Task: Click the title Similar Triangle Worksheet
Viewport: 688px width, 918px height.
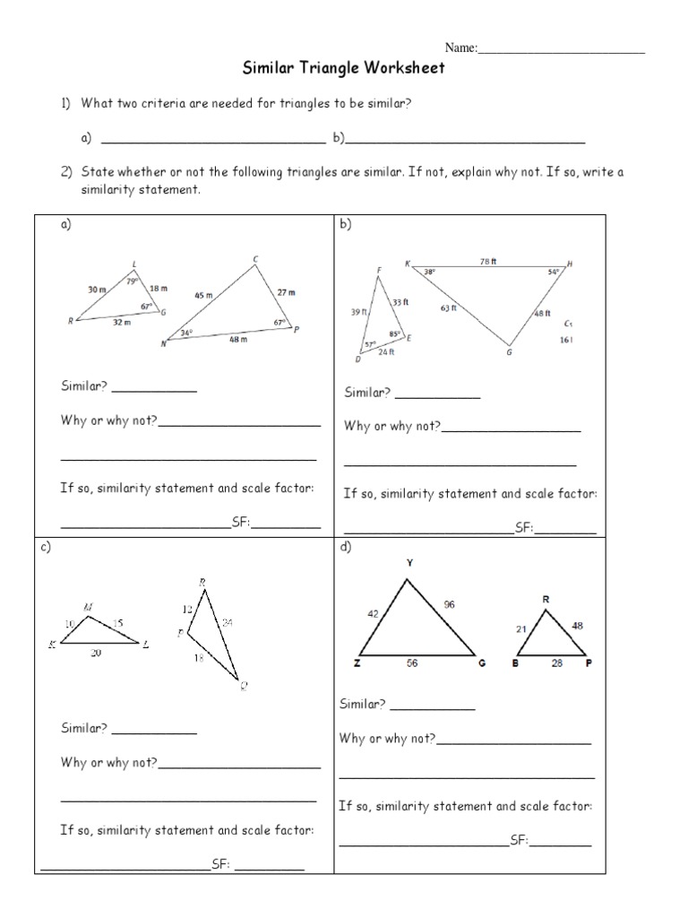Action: click(344, 68)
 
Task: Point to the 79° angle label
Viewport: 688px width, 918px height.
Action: click(132, 281)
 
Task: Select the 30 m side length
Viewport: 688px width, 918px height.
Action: click(97, 290)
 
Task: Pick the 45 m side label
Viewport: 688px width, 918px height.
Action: click(203, 295)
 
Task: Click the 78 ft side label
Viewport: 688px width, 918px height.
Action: click(487, 261)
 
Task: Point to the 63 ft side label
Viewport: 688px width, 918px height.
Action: click(448, 307)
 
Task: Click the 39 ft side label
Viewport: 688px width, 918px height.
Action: click(358, 312)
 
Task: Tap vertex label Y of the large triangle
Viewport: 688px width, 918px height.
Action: click(409, 563)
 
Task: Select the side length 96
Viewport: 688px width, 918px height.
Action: click(449, 604)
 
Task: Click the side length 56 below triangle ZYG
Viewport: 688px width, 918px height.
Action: click(411, 663)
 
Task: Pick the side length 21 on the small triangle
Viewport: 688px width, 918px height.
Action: click(521, 629)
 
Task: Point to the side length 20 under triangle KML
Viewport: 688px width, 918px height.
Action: click(96, 654)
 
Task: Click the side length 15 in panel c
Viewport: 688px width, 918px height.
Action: click(118, 621)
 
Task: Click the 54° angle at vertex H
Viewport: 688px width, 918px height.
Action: click(554, 272)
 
